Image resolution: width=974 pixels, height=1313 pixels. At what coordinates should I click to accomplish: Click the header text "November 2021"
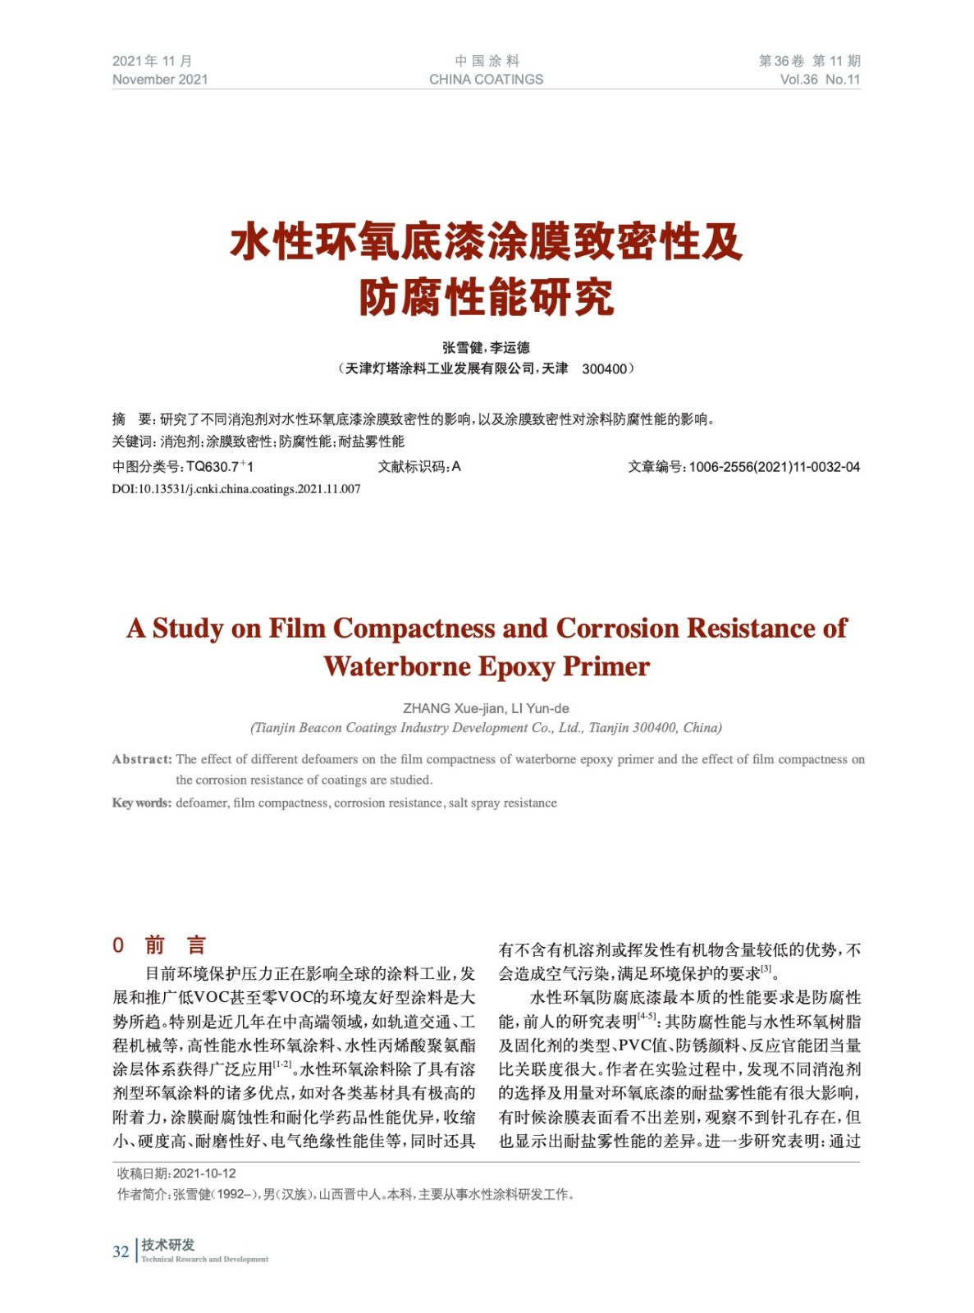pyautogui.click(x=160, y=80)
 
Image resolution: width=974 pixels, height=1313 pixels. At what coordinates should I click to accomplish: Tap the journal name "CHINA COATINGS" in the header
pyautogui.click(x=486, y=80)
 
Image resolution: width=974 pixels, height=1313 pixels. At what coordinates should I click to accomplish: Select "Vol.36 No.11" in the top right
pyautogui.click(x=820, y=80)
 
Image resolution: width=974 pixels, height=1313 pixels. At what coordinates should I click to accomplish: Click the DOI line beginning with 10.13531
pyautogui.click(x=235, y=489)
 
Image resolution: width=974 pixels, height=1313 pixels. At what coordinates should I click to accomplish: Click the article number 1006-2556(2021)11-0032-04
pyautogui.click(x=774, y=467)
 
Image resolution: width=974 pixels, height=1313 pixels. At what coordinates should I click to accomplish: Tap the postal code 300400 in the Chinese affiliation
pyautogui.click(x=604, y=369)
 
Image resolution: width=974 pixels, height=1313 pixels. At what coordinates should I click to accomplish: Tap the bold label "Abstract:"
pyautogui.click(x=142, y=759)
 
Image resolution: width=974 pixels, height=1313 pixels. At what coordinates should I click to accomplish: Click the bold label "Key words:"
pyautogui.click(x=142, y=803)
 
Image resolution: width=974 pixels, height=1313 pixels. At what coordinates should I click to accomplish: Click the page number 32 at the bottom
pyautogui.click(x=121, y=1251)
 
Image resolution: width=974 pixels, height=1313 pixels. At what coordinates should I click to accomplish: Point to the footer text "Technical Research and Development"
pyautogui.click(x=204, y=1259)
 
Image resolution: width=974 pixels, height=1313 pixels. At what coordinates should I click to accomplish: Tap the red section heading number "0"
pyautogui.click(x=118, y=945)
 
